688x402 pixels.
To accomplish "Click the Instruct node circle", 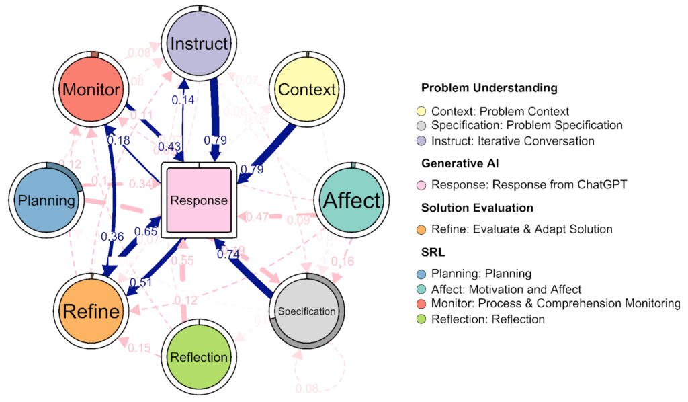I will click(x=200, y=45).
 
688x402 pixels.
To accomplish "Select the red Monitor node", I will click(x=91, y=89).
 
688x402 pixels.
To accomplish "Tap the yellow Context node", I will click(x=306, y=89).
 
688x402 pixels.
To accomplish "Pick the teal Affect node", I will click(x=352, y=200).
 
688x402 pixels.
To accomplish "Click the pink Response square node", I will click(x=199, y=200).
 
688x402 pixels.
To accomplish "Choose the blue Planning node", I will click(x=46, y=200).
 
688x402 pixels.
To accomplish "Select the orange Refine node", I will click(x=91, y=311).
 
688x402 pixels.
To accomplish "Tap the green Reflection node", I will click(x=199, y=356).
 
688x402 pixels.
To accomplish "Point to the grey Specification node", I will click(x=306, y=311).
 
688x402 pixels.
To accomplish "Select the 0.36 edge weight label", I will click(x=112, y=236).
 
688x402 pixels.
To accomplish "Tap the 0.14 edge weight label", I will click(x=183, y=100).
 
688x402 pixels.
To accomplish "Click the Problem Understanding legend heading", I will click(x=489, y=88).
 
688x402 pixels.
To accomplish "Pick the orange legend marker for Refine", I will click(x=421, y=229).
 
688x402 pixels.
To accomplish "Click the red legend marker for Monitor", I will click(x=421, y=304).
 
